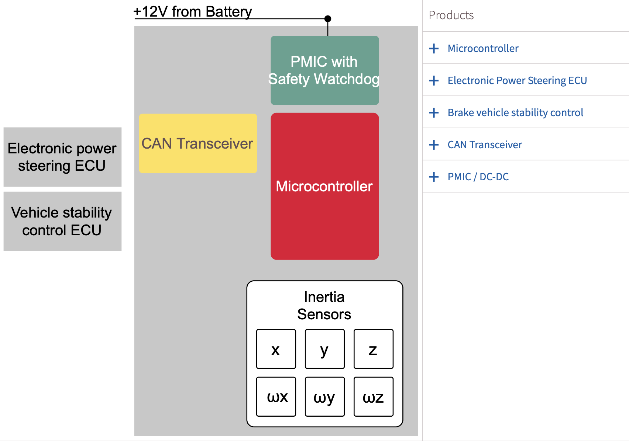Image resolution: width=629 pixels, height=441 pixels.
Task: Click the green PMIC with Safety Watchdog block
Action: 324,70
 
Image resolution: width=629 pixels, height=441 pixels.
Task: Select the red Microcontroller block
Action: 324,186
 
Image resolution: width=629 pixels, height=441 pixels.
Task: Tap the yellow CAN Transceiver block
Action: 198,143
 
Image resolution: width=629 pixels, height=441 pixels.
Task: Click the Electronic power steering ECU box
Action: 62,157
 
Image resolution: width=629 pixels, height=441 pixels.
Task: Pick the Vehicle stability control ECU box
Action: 62,221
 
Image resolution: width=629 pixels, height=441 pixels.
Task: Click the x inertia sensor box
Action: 276,349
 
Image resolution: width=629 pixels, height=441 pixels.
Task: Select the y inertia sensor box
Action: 324,349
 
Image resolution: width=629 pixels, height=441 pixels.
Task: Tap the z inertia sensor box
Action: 373,349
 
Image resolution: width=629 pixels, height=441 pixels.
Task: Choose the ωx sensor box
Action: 276,397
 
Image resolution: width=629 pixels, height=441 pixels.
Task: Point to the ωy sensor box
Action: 324,397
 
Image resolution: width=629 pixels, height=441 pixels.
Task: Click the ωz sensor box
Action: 373,397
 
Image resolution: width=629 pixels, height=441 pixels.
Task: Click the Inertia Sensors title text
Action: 324,305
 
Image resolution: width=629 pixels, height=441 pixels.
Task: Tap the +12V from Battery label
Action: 193,11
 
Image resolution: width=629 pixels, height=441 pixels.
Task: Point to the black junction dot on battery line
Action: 328,18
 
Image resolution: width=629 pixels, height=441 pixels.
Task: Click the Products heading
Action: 451,15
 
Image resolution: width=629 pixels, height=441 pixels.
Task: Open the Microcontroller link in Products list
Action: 483,48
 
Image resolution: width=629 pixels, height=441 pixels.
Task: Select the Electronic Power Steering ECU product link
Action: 517,80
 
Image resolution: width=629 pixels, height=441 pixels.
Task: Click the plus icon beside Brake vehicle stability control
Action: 434,112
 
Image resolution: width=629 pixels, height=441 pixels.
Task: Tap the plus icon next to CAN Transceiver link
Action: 434,145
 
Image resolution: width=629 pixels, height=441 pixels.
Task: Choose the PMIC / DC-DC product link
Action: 478,177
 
